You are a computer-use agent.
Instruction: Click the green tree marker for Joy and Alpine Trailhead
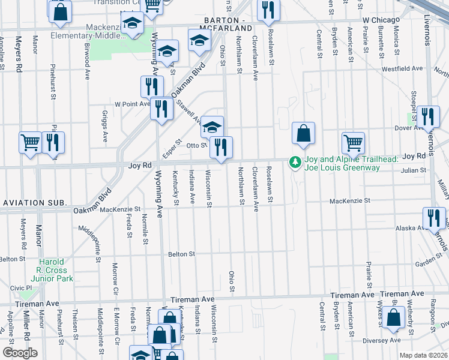295,162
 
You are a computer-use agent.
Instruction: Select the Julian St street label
414,170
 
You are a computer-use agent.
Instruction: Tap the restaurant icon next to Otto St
221,148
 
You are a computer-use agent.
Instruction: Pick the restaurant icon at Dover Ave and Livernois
429,116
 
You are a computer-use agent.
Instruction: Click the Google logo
19,352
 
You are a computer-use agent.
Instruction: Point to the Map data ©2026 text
423,355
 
